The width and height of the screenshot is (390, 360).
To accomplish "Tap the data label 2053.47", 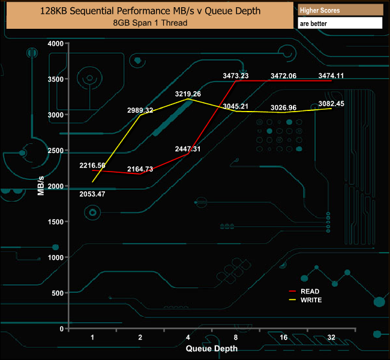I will (92, 194).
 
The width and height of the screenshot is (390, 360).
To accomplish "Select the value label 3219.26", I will (188, 94).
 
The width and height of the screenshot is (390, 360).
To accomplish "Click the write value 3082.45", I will (331, 104).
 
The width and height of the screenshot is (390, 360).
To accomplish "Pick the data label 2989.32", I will (140, 110).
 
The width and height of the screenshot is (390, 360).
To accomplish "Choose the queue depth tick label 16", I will (283, 338).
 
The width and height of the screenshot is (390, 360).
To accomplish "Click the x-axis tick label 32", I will (331, 338).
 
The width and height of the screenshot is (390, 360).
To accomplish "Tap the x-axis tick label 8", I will (236, 338).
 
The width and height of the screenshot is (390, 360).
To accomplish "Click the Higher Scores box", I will (340, 11).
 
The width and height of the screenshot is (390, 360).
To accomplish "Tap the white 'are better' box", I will (340, 23).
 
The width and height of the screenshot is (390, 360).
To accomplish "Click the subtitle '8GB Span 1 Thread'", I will (150, 23).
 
